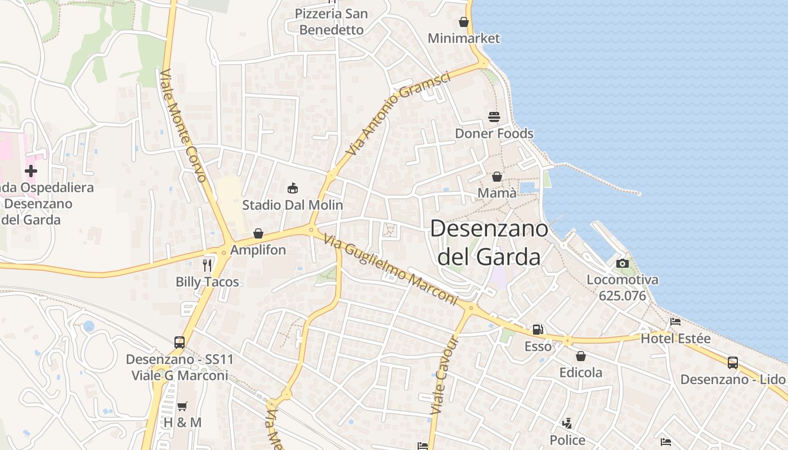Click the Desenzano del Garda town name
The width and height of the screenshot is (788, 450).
[x=489, y=242]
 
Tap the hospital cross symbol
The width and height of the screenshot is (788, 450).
[x=31, y=170]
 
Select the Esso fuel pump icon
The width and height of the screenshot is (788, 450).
[x=538, y=329]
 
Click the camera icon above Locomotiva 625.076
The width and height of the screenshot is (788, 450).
[x=622, y=263]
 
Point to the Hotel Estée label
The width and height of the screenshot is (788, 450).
[x=675, y=339]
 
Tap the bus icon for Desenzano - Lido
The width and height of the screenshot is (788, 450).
[x=732, y=363]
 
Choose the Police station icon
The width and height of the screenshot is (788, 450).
[x=567, y=423]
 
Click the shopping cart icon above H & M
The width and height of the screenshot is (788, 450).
[x=182, y=406]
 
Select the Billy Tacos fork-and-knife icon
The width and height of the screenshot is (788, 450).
[x=208, y=265]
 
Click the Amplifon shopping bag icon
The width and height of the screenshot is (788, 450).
[x=258, y=233]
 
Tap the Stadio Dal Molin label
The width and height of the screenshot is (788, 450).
[x=292, y=205]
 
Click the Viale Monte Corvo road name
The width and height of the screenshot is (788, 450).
[x=183, y=125]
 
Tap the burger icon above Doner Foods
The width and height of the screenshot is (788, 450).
[x=494, y=117]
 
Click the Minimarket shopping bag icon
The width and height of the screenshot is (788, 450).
[x=464, y=22]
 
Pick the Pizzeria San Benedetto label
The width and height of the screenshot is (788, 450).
[x=332, y=21]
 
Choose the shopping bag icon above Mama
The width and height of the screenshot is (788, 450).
[x=497, y=177]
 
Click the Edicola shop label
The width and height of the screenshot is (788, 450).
[x=580, y=372]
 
